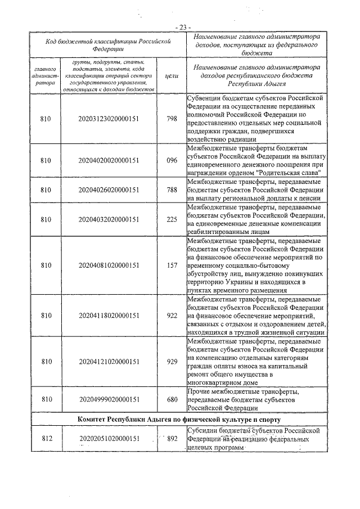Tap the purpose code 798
[172, 119]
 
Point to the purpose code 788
[172, 190]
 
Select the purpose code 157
[172, 265]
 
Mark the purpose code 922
[172, 316]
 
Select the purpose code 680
[172, 399]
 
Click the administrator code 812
[46, 439]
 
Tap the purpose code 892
[172, 439]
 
